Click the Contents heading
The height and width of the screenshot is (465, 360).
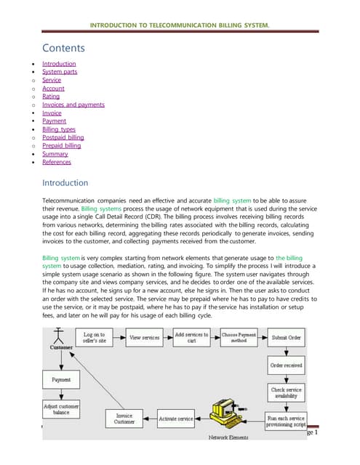[63, 49]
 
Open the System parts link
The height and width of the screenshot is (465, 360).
[60, 72]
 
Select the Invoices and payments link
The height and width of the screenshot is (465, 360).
[73, 105]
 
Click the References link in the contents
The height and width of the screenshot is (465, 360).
[57, 162]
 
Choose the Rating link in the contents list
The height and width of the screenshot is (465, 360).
[51, 96]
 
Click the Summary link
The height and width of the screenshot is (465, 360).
[55, 153]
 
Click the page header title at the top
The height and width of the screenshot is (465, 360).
[179, 27]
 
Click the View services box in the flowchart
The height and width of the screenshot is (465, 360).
[145, 337]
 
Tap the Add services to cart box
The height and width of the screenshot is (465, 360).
[191, 337]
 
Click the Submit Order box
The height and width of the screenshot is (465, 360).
[287, 337]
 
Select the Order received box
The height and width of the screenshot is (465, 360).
[287, 365]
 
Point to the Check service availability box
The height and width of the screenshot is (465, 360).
[287, 393]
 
